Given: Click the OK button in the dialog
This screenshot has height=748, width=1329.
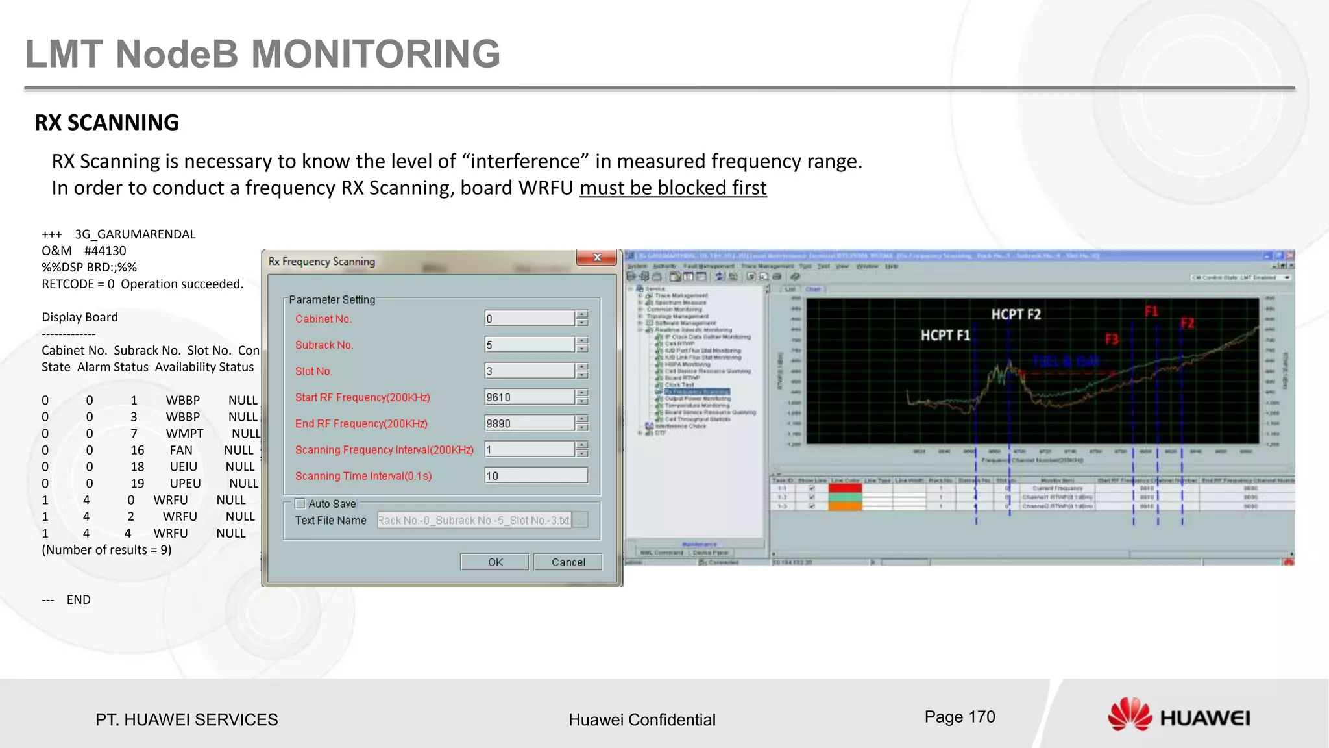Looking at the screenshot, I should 494,562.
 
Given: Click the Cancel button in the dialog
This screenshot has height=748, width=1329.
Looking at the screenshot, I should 568,562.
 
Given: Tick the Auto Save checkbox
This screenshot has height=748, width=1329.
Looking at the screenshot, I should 300,504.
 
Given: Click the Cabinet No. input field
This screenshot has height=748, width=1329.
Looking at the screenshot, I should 530,318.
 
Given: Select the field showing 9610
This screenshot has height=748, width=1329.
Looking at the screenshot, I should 530,397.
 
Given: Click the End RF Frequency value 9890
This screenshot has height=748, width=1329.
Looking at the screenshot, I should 530,423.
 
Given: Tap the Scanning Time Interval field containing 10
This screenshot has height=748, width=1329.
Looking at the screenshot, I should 536,475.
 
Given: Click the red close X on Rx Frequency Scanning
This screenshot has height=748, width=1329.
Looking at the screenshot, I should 596,258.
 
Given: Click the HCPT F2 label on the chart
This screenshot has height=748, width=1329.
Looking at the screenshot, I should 1016,315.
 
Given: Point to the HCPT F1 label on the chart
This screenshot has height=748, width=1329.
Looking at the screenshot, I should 945,336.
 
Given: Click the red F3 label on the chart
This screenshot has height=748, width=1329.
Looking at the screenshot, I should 1112,340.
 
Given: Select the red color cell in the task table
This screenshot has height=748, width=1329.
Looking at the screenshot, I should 845,488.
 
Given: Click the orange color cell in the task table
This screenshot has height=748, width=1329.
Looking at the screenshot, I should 845,506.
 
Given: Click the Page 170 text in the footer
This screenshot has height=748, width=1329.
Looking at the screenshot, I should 959,717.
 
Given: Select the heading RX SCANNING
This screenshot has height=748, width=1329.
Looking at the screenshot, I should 106,123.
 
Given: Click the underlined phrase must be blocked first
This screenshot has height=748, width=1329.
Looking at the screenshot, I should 673,188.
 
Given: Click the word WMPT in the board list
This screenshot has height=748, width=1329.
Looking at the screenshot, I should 184,434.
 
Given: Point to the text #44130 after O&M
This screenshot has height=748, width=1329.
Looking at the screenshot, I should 105,251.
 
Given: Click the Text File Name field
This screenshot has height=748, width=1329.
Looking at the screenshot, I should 474,521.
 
